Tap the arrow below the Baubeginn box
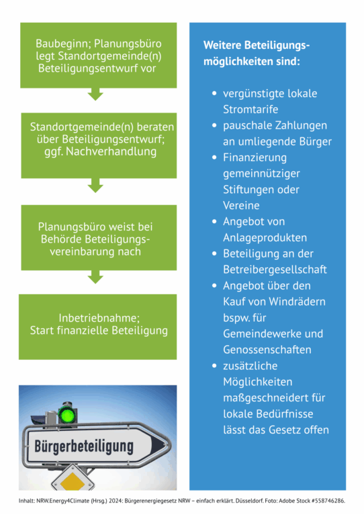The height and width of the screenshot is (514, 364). (95, 94)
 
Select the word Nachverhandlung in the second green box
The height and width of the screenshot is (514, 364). (111, 151)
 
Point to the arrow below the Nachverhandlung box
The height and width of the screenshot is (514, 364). (95, 186)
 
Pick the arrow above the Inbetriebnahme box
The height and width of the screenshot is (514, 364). (95, 277)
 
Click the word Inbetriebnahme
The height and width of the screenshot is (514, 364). (99, 318)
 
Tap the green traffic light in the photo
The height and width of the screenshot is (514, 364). (67, 415)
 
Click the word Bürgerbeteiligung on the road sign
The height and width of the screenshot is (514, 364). (84, 446)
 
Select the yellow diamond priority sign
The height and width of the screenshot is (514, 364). (73, 481)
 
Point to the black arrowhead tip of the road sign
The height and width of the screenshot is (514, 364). (166, 446)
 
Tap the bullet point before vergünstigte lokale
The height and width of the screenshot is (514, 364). (214, 93)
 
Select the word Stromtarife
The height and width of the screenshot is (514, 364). (251, 109)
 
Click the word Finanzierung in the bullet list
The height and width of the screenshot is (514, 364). (255, 157)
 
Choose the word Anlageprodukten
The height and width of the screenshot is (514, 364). (265, 238)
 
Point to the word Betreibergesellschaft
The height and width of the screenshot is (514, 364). (275, 269)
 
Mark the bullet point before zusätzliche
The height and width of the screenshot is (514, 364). (214, 366)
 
